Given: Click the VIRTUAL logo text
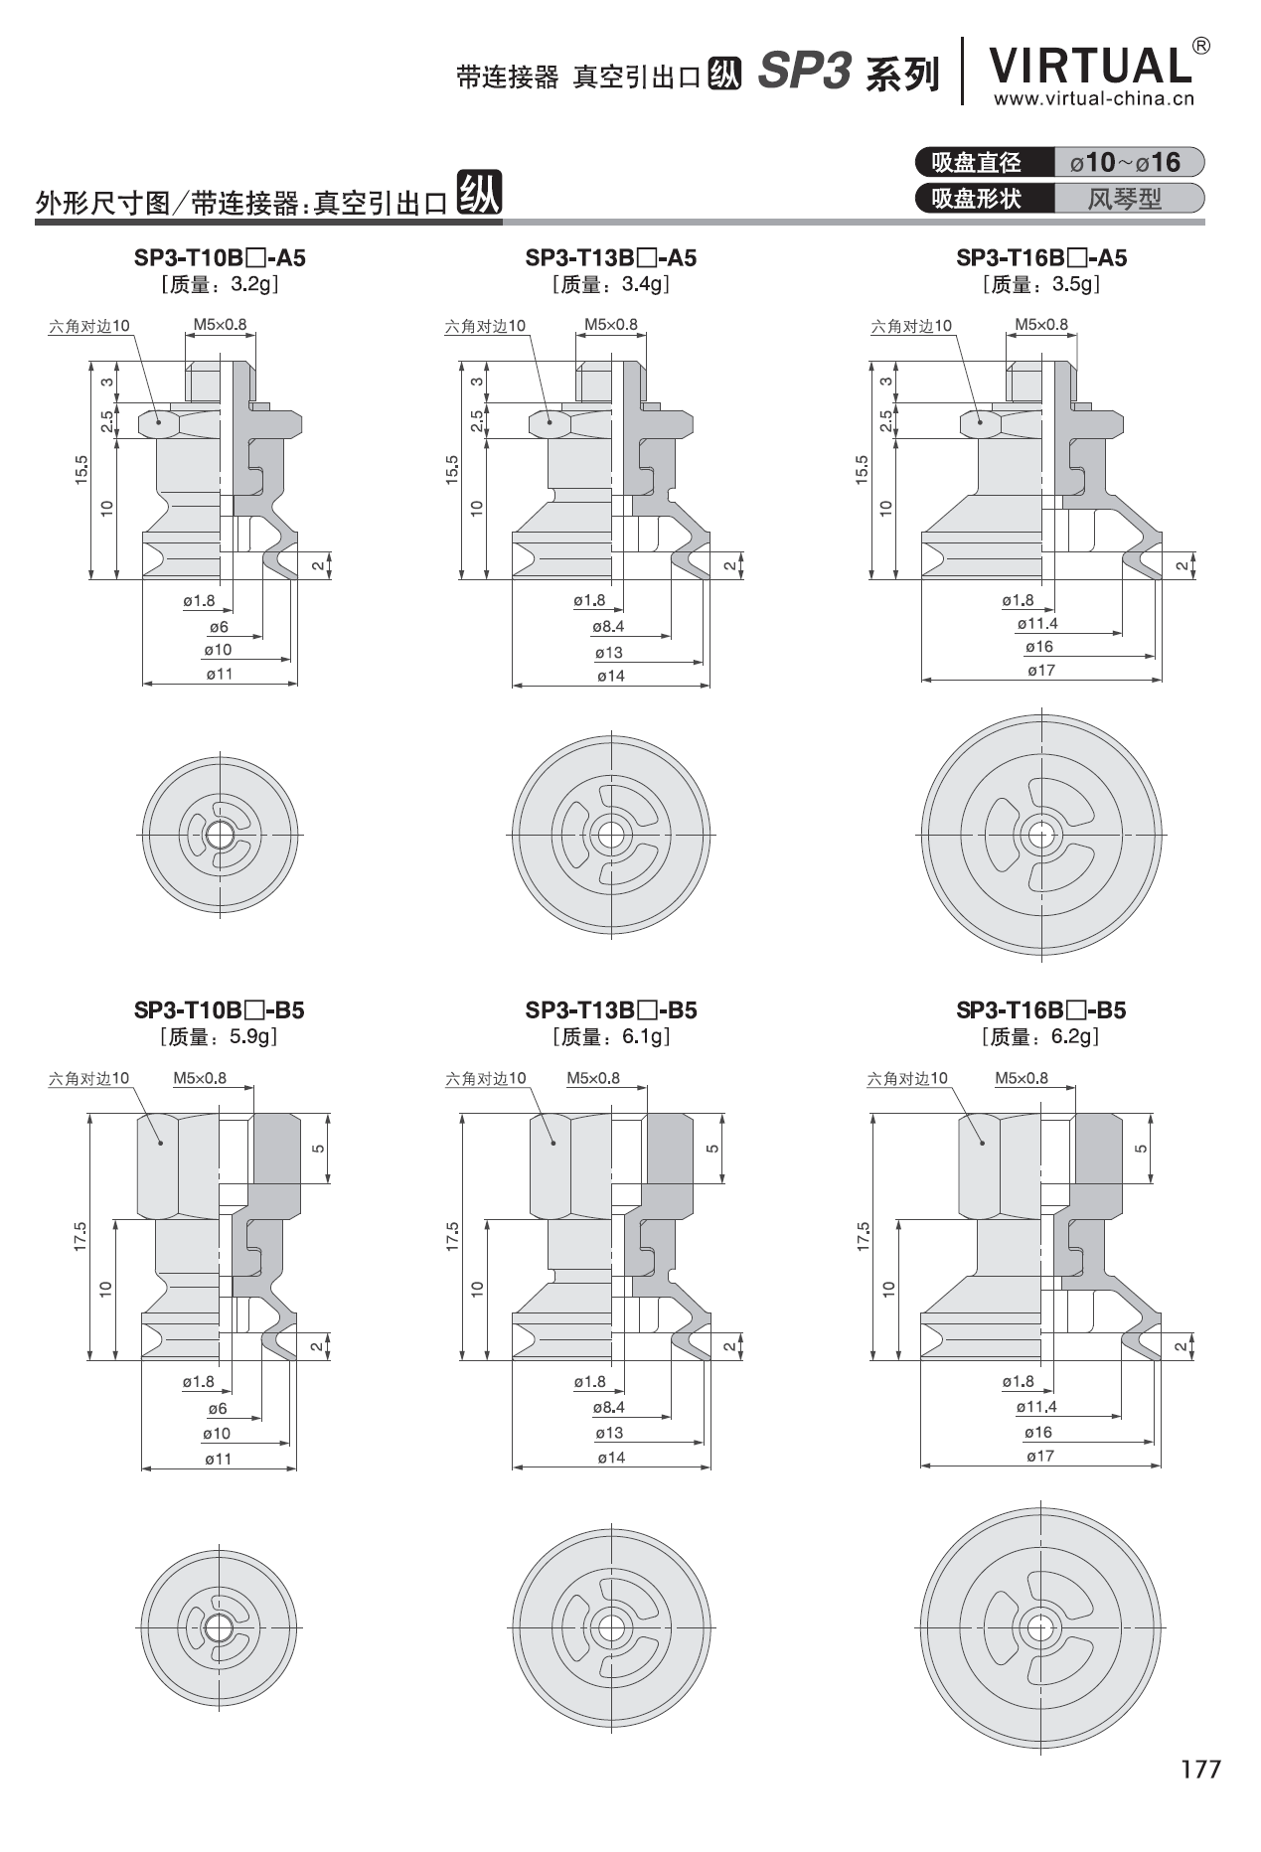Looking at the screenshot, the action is click(x=1090, y=66).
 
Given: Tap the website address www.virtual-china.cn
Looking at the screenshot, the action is click(x=1094, y=98).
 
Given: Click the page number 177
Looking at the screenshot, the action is click(x=1200, y=1768).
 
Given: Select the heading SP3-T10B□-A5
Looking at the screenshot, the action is click(x=220, y=258).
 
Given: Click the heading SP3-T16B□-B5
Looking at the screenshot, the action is click(x=1040, y=1010).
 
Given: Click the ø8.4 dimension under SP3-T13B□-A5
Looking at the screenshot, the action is click(x=608, y=627).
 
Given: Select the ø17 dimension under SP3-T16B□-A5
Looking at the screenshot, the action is click(x=1040, y=671).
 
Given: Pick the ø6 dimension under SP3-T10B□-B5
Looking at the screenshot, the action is click(x=218, y=1409).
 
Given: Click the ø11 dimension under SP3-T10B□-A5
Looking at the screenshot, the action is click(x=219, y=674).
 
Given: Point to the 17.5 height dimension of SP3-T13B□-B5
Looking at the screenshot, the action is click(x=453, y=1236).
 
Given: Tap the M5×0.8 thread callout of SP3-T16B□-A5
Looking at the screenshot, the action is click(x=1041, y=324).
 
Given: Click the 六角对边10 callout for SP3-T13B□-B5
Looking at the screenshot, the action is click(x=486, y=1078).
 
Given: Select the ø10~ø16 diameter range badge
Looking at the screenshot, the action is click(x=1126, y=162).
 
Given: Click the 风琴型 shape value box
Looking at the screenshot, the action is click(x=1126, y=198).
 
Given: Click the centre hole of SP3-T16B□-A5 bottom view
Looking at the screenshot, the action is click(x=1040, y=834).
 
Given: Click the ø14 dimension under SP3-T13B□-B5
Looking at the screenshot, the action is click(x=611, y=1458).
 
